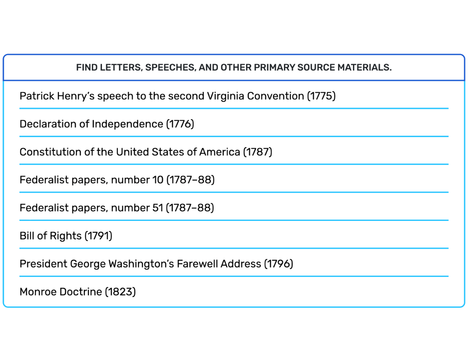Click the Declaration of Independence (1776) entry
point(107,124)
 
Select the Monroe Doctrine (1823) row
point(78,292)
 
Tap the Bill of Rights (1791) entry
point(66,236)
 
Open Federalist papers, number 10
point(117,180)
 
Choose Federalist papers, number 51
point(117,208)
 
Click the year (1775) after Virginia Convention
point(321,96)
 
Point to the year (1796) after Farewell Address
point(278,264)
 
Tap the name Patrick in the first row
point(37,96)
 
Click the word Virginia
point(225,96)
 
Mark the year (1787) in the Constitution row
point(258,152)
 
